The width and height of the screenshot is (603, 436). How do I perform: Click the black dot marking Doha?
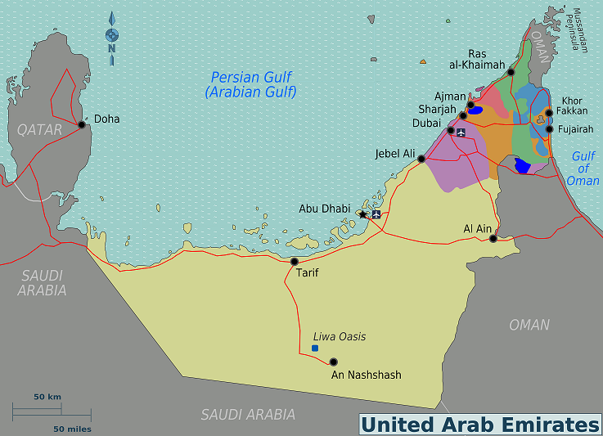coord(82,125)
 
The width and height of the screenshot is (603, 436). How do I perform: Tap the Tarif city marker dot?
coord(295,262)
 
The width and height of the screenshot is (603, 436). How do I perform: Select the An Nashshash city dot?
coord(333,362)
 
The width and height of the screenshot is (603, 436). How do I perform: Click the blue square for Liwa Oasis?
coord(315,348)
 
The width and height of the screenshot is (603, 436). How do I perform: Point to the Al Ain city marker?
coord(493,239)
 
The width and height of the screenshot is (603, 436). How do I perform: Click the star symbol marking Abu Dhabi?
coord(362,214)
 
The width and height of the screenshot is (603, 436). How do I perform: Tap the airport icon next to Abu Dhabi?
coord(376,214)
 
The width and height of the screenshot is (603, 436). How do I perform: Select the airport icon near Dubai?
coord(461,132)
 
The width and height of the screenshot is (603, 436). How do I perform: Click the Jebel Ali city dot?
coord(421,160)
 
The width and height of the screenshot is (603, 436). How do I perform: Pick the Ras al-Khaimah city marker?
coord(511,73)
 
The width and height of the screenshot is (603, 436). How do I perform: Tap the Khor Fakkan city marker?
coord(549,112)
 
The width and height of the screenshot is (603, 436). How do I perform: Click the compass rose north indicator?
coord(112,35)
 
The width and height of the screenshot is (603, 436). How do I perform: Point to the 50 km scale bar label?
coord(47,397)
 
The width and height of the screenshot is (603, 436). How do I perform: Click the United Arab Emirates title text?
coord(480,425)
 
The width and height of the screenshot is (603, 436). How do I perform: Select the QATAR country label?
coord(39,129)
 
